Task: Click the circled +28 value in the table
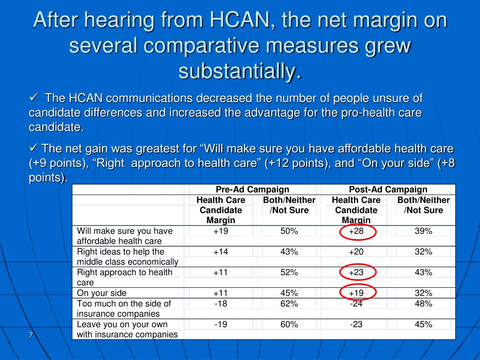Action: [356, 231]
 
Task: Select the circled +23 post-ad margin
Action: [356, 272]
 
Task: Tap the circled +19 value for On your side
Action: [356, 293]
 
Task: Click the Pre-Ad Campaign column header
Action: [252, 189]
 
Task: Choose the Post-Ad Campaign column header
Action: [388, 189]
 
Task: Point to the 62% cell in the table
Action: [289, 303]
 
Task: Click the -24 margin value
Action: [356, 303]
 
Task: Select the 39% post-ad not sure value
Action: [423, 231]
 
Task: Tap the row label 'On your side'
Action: [102, 293]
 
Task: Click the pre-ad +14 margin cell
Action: [221, 252]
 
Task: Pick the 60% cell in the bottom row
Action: [289, 324]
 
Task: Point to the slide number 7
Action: [30, 334]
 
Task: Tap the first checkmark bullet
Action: [34, 97]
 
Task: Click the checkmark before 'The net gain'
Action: [34, 148]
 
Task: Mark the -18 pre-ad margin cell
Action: [221, 303]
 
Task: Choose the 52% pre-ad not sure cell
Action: [289, 272]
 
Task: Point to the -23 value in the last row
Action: [356, 324]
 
